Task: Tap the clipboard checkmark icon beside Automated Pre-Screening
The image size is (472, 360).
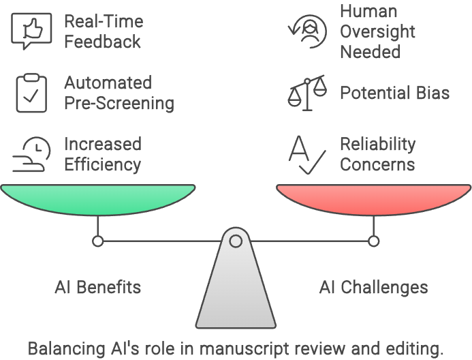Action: (31, 93)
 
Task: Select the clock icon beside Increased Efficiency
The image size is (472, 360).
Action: (31, 154)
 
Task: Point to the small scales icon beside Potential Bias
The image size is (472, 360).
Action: (307, 93)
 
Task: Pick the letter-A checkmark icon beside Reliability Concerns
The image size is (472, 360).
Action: (305, 154)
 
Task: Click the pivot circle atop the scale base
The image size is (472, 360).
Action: (236, 241)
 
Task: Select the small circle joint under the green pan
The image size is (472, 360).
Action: (98, 241)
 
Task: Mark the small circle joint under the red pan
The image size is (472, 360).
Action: (373, 241)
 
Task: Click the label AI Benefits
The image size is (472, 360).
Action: (98, 286)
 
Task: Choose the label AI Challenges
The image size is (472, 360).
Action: (373, 286)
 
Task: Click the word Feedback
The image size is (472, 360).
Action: (102, 42)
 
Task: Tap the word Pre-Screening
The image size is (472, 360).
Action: (119, 104)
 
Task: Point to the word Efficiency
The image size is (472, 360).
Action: (102, 165)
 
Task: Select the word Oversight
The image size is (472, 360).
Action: (377, 31)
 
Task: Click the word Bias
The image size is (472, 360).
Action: (432, 93)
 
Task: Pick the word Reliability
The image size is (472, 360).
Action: (377, 145)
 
